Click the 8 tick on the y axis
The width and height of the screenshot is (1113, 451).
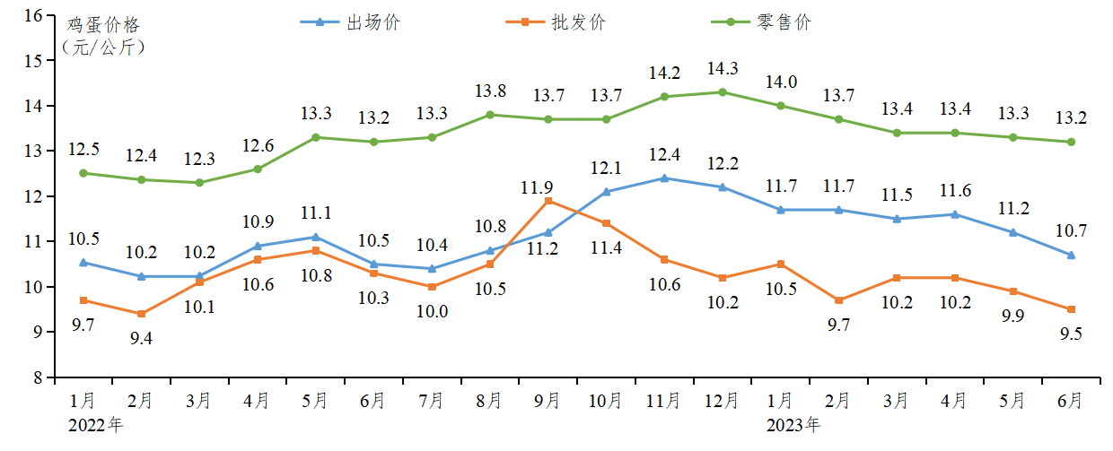(39, 377)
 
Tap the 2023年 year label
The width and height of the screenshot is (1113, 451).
(793, 424)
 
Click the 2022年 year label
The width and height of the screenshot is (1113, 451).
(95, 424)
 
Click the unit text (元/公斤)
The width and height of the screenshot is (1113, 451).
(102, 47)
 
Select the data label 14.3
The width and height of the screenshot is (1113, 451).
(723, 68)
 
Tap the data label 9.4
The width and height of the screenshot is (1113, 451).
(141, 338)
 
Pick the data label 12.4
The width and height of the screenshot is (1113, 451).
(664, 154)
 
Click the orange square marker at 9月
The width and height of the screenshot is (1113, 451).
(548, 201)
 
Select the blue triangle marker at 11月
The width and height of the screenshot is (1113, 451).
(664, 178)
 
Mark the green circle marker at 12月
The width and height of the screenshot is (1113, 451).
(723, 92)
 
